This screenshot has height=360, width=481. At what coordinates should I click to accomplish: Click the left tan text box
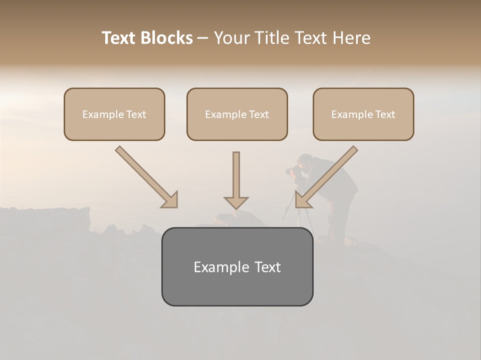click(x=114, y=114)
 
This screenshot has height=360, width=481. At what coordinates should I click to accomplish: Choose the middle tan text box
click(x=237, y=114)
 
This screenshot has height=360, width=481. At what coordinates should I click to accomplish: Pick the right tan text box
click(x=363, y=114)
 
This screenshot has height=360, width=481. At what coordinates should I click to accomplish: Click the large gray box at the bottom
click(x=237, y=266)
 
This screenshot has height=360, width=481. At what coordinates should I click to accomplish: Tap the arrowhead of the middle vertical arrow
click(x=236, y=202)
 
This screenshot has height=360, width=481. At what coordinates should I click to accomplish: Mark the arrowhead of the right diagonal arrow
click(x=303, y=200)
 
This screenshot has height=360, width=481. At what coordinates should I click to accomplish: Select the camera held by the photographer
click(x=294, y=171)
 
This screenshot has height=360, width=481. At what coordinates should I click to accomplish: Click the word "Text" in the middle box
click(x=259, y=114)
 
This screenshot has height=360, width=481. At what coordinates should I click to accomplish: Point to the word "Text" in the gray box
click(x=267, y=267)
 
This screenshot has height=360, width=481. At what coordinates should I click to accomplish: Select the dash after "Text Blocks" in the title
click(x=203, y=38)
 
